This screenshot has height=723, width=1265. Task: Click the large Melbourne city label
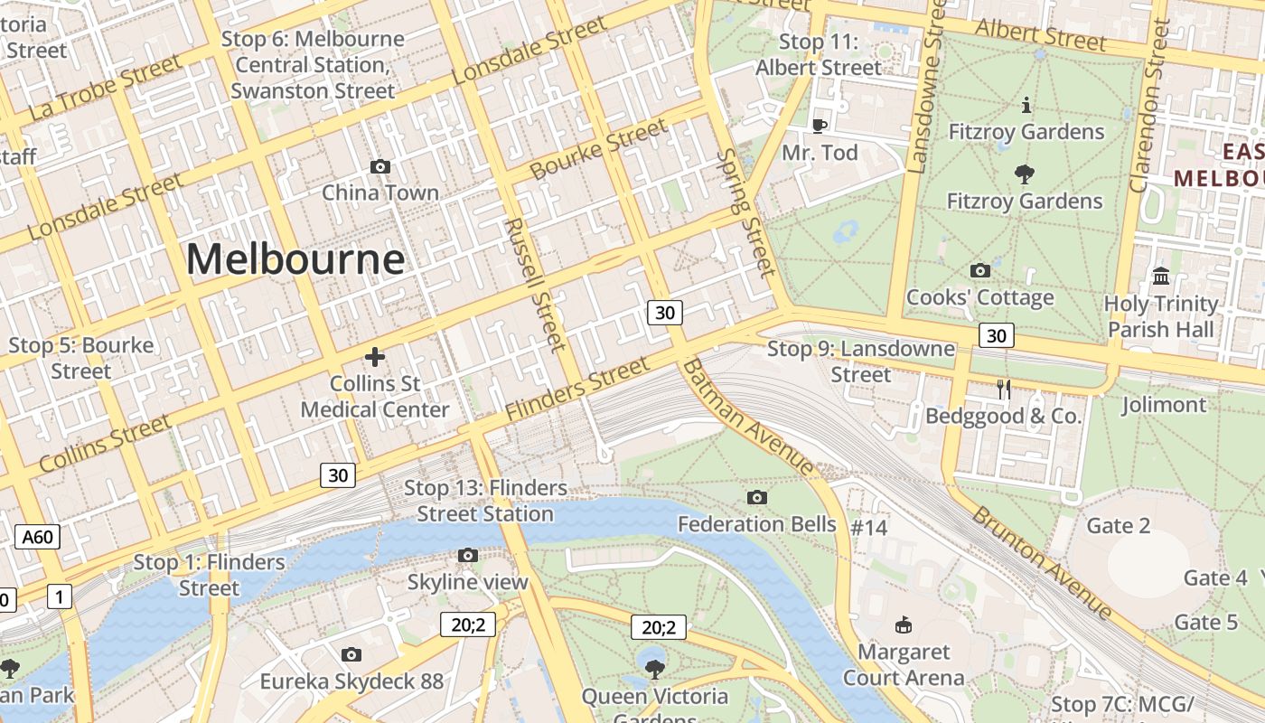coord(295,260)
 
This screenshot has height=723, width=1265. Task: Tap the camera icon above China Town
coord(380,166)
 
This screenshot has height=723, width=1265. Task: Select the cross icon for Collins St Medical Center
coord(375,357)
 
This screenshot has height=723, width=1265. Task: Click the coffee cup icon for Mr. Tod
coord(820,126)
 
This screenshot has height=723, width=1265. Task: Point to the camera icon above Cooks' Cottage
coord(979,270)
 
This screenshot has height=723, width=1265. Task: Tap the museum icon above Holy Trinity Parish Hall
coord(1161,276)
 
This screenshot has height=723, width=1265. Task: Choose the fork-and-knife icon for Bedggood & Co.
coord(1003,390)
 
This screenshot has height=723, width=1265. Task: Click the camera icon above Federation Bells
coord(757,497)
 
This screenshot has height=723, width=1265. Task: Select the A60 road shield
coord(38,538)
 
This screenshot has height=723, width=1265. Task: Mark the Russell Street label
coord(535,284)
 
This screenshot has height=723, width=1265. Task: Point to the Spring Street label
coord(745,213)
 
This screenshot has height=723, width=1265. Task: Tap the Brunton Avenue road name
coord(1042,562)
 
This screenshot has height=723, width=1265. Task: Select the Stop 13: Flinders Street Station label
coord(485,501)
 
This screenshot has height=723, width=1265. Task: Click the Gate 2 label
coord(1119,526)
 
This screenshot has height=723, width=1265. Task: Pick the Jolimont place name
coord(1164,405)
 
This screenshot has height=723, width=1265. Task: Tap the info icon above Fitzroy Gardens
coord(1026,106)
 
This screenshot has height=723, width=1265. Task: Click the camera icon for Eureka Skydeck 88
coord(351,654)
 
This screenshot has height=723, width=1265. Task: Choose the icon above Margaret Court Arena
coord(903,624)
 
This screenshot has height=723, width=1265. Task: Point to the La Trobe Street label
coord(106,89)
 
